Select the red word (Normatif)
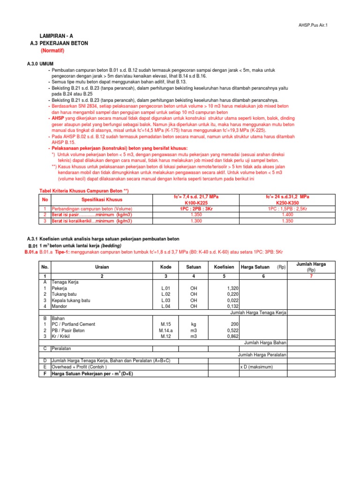[52, 50]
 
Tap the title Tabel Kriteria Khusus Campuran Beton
[83, 191]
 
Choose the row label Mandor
[60, 306]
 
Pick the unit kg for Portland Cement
[193, 324]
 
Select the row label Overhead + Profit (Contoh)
[79, 367]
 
